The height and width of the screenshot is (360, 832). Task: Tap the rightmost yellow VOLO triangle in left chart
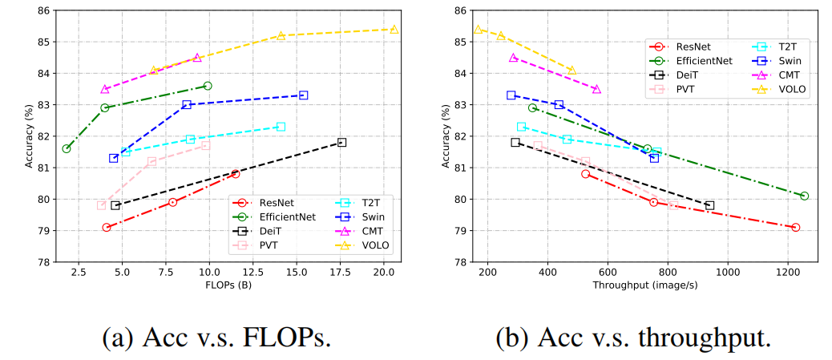(x=394, y=29)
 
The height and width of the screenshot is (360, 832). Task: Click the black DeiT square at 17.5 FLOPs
(x=341, y=142)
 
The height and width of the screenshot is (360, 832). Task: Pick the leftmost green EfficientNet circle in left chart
(x=67, y=148)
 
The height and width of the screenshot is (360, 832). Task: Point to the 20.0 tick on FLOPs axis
(x=384, y=273)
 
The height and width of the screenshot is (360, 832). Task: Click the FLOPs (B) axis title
(x=229, y=286)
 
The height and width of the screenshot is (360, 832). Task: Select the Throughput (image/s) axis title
(x=644, y=286)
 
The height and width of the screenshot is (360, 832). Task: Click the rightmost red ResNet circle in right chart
(x=795, y=228)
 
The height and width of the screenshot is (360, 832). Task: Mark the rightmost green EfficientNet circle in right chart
(x=804, y=196)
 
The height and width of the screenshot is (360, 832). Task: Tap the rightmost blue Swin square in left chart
(x=303, y=95)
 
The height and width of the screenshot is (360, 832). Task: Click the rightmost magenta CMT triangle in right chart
(x=596, y=89)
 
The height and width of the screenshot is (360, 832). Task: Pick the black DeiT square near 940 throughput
(x=709, y=205)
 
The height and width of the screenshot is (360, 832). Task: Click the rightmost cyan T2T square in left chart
(x=281, y=127)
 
